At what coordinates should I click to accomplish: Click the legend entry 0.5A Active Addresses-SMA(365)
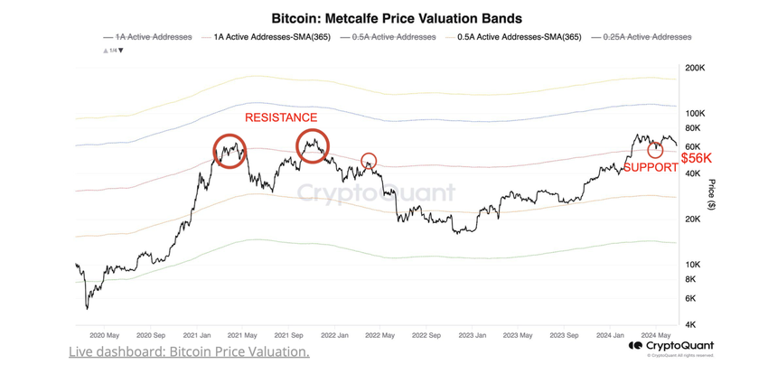pyautogui.click(x=520, y=37)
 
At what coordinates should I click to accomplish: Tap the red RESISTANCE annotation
pyautogui.click(x=281, y=117)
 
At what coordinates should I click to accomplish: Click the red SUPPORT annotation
pyautogui.click(x=651, y=168)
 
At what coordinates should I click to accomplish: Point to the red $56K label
pyautogui.click(x=697, y=157)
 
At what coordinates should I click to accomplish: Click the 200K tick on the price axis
pyautogui.click(x=696, y=69)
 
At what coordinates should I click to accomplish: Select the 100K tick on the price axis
pyautogui.click(x=696, y=114)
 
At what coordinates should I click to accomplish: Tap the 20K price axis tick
pyautogui.click(x=693, y=219)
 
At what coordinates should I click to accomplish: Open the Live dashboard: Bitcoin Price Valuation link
pyautogui.click(x=189, y=351)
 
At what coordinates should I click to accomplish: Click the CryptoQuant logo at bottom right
pyautogui.click(x=671, y=346)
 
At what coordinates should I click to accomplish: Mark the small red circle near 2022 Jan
pyautogui.click(x=369, y=162)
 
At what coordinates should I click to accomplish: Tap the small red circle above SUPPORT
pyautogui.click(x=655, y=150)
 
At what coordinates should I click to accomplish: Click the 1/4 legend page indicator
pyautogui.click(x=115, y=51)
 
